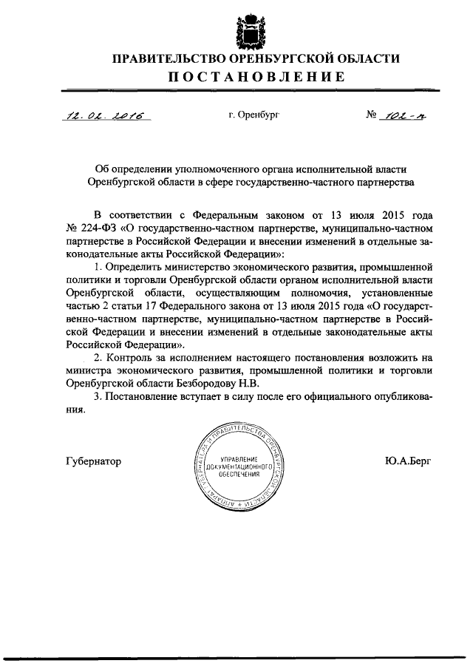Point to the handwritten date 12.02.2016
[106, 115]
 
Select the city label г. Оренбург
[254, 115]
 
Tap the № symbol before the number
[371, 115]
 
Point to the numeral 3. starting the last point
[99, 398]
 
